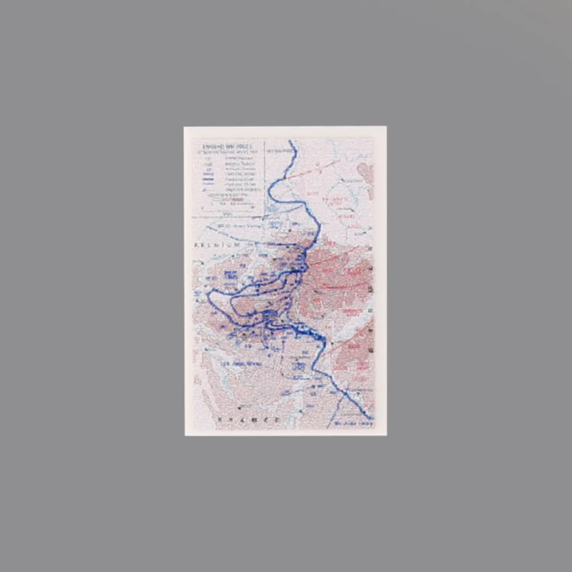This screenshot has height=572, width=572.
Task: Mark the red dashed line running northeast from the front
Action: [x=313, y=169]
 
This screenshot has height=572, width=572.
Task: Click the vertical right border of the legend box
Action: [x=265, y=179]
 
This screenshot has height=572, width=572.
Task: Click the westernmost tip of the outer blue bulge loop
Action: [x=208, y=295]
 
